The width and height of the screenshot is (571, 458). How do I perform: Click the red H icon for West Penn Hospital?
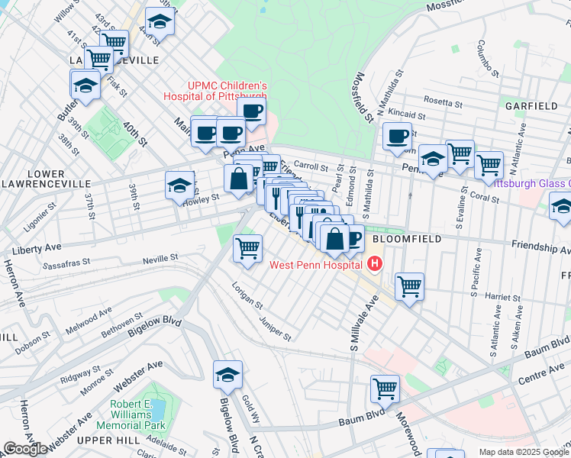(375, 265)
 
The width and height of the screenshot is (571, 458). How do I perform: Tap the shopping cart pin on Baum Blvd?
(385, 389)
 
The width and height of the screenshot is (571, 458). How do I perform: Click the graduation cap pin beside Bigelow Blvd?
(227, 374)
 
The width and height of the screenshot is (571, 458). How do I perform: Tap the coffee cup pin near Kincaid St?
(397, 137)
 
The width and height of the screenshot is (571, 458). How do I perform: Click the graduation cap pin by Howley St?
(180, 185)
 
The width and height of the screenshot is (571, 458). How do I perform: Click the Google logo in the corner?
(25, 449)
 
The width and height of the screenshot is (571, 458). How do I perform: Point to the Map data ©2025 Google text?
(524, 452)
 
